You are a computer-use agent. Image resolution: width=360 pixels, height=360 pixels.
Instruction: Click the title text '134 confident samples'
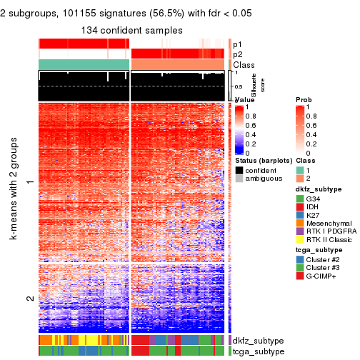[x=131, y=30]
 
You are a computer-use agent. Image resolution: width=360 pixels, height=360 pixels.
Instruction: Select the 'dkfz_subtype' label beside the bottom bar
[x=257, y=341]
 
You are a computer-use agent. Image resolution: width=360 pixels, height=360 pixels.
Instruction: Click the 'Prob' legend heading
[x=304, y=99]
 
